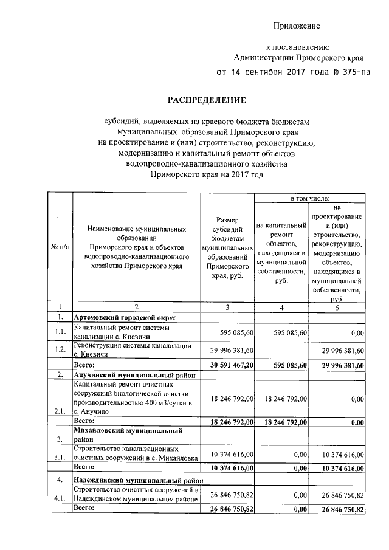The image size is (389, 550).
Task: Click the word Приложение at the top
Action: tap(296, 26)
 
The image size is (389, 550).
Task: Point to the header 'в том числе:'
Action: tap(310, 199)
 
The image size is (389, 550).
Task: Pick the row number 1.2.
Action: tap(60, 349)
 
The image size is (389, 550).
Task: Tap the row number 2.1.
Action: tap(60, 411)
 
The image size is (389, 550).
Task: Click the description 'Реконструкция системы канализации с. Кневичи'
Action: tap(133, 349)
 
